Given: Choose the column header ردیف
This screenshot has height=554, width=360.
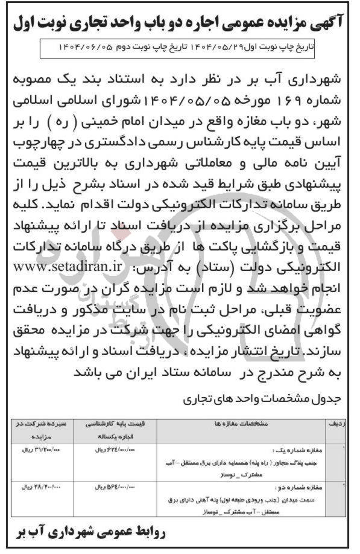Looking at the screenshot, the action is click(x=337, y=425).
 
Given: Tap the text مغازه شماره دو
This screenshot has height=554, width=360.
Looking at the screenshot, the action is click(x=298, y=486).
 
